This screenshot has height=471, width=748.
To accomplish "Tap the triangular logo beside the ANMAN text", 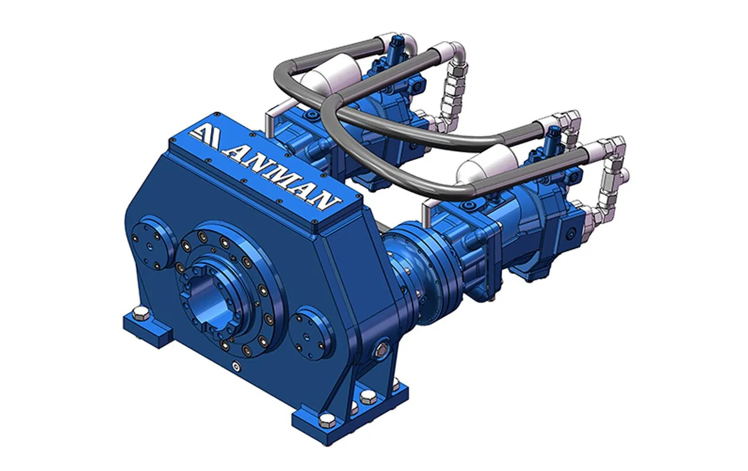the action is (204, 137).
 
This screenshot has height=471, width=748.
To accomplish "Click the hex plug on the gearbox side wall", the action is (381, 349).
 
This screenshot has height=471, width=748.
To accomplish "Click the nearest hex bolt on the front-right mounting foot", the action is (327, 421).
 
